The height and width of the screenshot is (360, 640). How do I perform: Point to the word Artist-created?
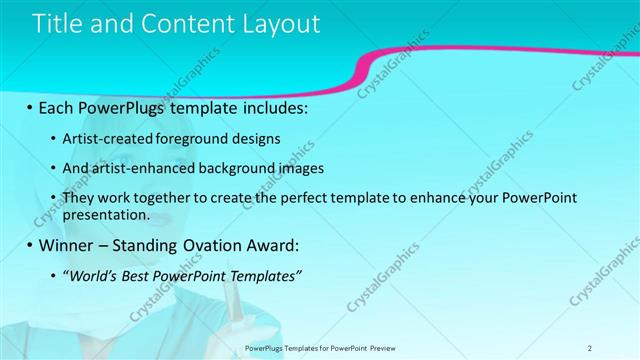pos(107,138)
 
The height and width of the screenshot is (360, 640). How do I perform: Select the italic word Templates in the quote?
pos(262,276)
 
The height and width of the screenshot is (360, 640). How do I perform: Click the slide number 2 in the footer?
pos(590,347)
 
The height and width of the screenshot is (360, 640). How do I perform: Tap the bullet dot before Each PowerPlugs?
pos(29,107)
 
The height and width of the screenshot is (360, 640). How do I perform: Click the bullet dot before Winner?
pos(29,246)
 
